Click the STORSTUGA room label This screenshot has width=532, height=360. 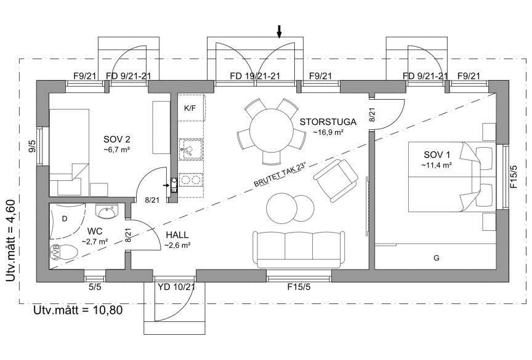(x=328, y=122)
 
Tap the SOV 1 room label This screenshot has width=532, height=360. (x=437, y=155)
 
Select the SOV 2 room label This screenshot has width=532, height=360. (x=117, y=139)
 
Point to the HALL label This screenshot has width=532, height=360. (x=177, y=235)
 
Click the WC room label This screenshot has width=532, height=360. (x=95, y=231)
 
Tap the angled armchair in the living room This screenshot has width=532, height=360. (x=336, y=180)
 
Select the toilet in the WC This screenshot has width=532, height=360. (x=64, y=252)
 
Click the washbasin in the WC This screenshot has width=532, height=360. (x=107, y=212)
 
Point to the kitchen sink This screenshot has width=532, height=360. (x=190, y=149)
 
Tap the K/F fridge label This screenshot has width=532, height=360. (x=190, y=108)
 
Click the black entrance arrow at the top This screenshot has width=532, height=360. (x=279, y=31)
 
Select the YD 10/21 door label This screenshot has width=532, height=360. (x=176, y=287)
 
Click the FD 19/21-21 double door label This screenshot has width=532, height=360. (x=255, y=76)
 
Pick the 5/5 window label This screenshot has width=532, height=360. (x=95, y=287)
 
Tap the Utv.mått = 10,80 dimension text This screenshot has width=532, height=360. (x=78, y=310)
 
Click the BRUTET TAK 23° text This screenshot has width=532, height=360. (x=280, y=175)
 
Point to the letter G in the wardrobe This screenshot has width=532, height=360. (x=437, y=258)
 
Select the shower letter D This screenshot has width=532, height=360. (x=65, y=219)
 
